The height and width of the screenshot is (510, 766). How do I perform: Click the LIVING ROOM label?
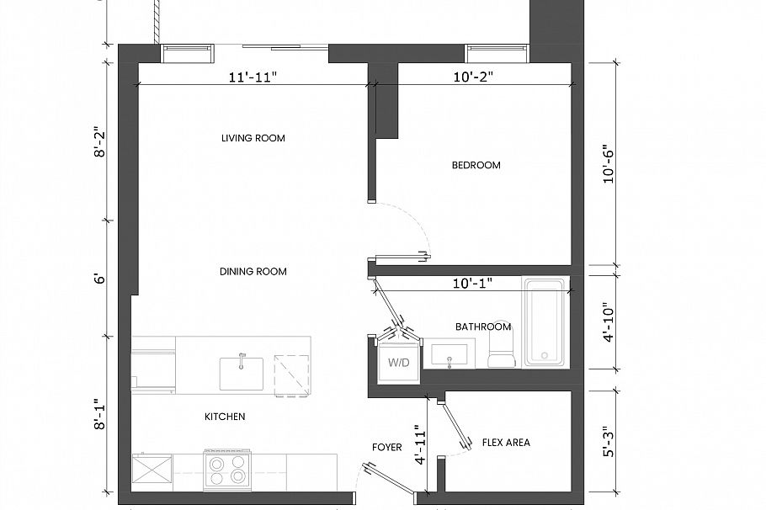coord(253,138)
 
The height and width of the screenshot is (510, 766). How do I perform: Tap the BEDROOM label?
coord(476,165)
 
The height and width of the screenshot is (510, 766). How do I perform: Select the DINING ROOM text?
coord(253,271)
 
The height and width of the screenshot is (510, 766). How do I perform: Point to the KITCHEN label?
coord(225,417)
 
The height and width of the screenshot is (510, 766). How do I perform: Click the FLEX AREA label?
coord(505,442)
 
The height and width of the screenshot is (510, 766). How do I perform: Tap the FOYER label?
coord(386,447)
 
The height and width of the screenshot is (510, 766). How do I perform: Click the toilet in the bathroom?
coord(501,349)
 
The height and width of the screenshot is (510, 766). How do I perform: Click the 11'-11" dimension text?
coord(253,77)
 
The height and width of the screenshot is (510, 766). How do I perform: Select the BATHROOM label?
coord(482,327)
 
